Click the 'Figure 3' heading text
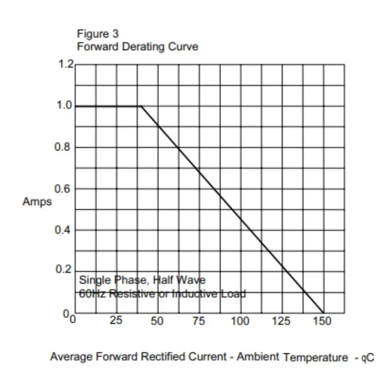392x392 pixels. point(98,34)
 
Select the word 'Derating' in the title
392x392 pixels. point(146,47)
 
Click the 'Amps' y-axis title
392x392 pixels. point(37,202)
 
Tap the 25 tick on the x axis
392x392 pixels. point(116,321)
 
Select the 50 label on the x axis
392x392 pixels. point(157,321)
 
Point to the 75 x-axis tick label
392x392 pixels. point(198,321)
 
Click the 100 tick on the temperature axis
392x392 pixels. point(240,321)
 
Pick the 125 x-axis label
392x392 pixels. point(281,321)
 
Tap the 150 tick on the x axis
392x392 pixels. point(322,321)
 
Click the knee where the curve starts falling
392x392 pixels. point(141,106)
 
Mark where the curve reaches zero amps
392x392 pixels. point(323,313)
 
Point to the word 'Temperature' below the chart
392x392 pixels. point(315,358)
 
